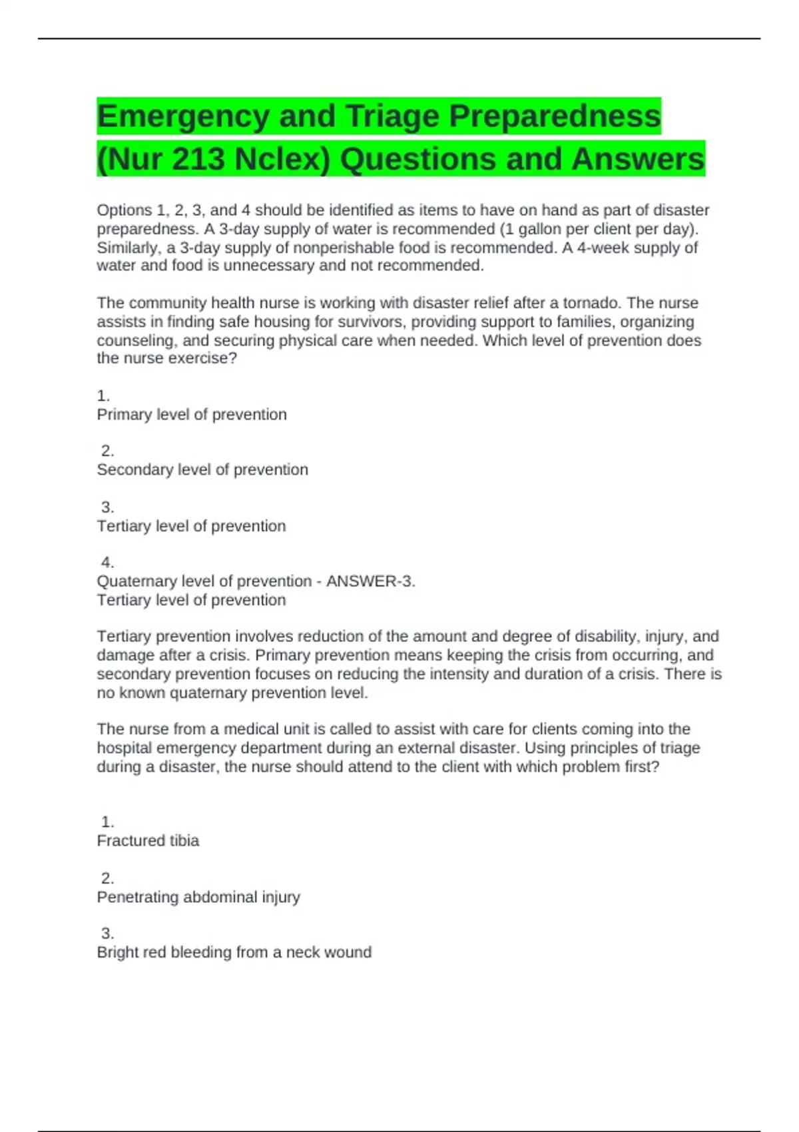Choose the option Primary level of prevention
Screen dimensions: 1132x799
(x=192, y=414)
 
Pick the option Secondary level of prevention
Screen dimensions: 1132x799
(x=202, y=469)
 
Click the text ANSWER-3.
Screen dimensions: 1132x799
(x=370, y=581)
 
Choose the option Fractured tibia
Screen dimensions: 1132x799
(x=148, y=840)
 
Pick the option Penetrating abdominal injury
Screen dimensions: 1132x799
(x=198, y=897)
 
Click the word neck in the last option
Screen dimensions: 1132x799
(x=304, y=952)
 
